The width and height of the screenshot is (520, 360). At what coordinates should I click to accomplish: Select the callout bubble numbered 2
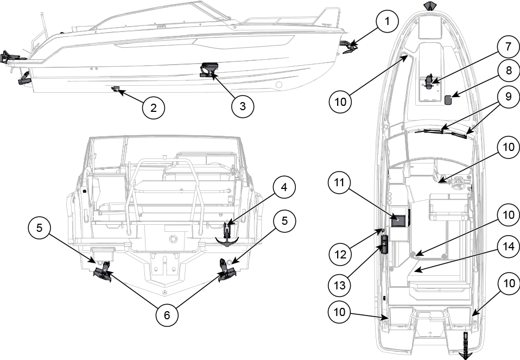[x=154, y=108]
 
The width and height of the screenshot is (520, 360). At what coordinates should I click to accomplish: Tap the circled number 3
[x=242, y=106]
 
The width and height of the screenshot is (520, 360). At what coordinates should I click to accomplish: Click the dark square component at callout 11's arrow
[x=399, y=219]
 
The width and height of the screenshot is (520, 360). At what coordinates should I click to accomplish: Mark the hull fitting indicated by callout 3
[x=208, y=70]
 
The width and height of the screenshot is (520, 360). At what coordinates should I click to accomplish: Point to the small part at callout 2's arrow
[x=115, y=89]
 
